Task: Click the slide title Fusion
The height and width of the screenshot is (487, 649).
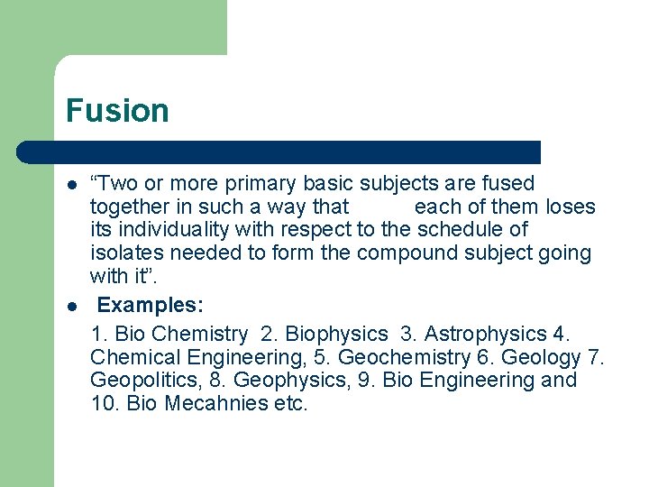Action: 117,111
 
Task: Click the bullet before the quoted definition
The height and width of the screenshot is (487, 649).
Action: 70,184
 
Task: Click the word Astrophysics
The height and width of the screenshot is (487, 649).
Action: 486,334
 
